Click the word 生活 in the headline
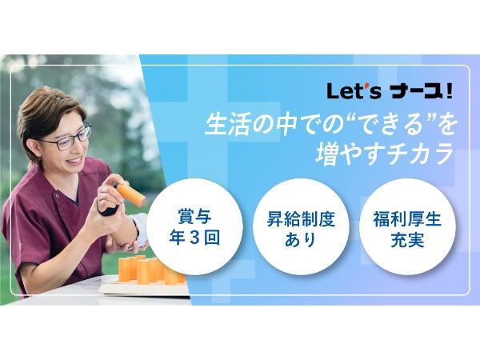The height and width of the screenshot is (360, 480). [x=224, y=126]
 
